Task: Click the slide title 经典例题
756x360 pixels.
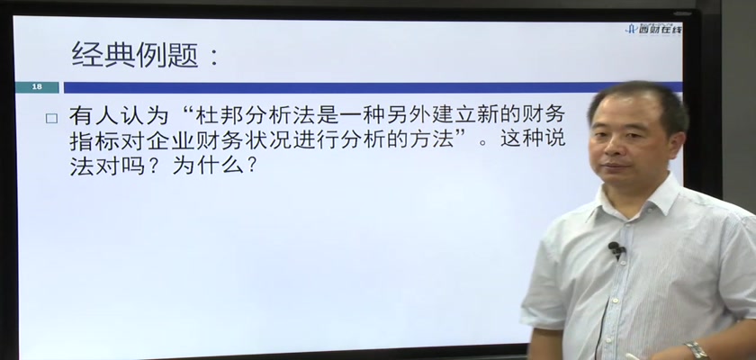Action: click(x=135, y=55)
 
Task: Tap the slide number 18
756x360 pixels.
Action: click(x=37, y=86)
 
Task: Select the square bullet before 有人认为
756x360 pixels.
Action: click(x=51, y=119)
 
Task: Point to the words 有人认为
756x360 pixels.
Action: click(x=118, y=116)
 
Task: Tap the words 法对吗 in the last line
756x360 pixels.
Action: click(x=106, y=166)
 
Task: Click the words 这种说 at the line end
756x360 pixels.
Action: click(x=533, y=140)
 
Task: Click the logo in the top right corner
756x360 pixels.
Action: click(x=653, y=30)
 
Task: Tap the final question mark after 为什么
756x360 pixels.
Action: click(x=251, y=166)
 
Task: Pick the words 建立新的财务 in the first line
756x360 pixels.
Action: click(x=493, y=116)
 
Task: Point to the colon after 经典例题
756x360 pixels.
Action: click(x=214, y=57)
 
